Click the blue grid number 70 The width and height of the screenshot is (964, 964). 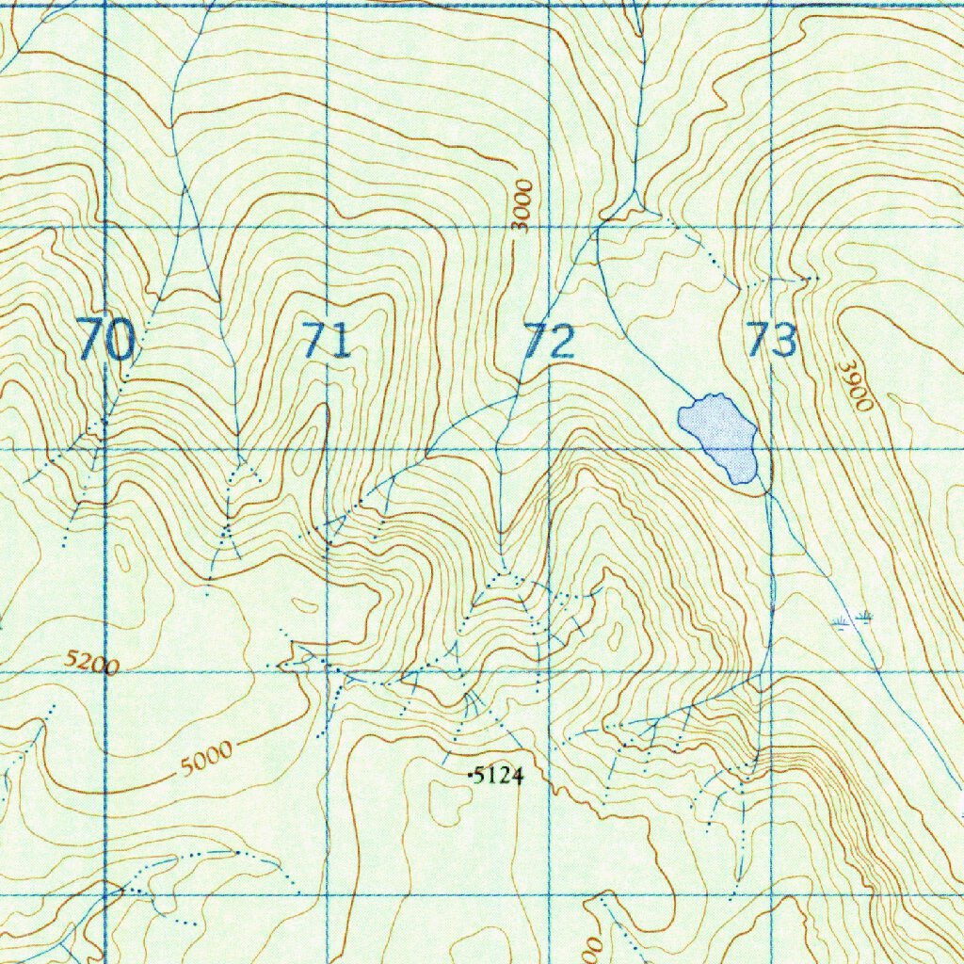[105, 340]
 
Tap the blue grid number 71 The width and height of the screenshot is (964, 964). [327, 340]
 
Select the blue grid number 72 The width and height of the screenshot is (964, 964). [549, 341]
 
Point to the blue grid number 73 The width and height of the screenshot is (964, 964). [772, 340]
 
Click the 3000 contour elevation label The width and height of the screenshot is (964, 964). [522, 205]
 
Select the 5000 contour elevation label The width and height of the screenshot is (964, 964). [206, 758]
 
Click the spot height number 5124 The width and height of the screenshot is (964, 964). [498, 776]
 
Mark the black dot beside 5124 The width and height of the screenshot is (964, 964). [471, 775]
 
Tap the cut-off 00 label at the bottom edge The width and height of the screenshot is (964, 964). [592, 949]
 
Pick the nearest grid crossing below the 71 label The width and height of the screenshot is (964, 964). [327, 449]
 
